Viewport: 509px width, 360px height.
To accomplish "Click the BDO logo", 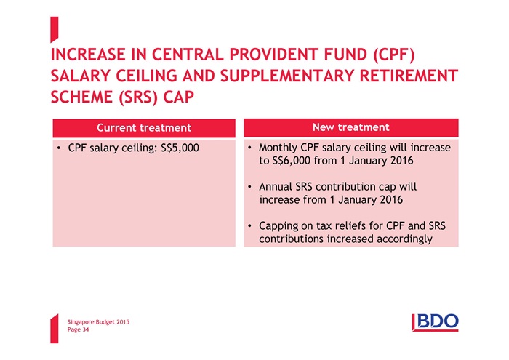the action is point(435,323).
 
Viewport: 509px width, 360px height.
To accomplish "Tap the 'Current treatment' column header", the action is point(144,128).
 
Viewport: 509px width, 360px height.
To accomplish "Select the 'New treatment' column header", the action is point(351,127).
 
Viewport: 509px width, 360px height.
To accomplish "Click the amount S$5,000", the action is point(180,148).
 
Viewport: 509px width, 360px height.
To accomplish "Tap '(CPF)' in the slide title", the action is point(394,55).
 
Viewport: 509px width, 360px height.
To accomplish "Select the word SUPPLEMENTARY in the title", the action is point(286,76).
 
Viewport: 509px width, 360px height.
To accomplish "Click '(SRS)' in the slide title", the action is point(138,97).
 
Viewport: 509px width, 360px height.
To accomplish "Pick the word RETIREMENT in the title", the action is point(409,76).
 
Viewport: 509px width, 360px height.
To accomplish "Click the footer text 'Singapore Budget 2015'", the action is point(98,322).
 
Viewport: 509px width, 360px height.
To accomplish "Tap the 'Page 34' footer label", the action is point(79,329).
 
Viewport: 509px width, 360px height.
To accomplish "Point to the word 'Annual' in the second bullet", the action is point(276,187).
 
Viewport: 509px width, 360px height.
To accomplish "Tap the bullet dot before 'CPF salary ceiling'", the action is point(58,148).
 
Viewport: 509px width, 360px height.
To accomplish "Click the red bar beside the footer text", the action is point(55,329).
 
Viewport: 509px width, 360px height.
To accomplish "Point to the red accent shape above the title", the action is point(55,30).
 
